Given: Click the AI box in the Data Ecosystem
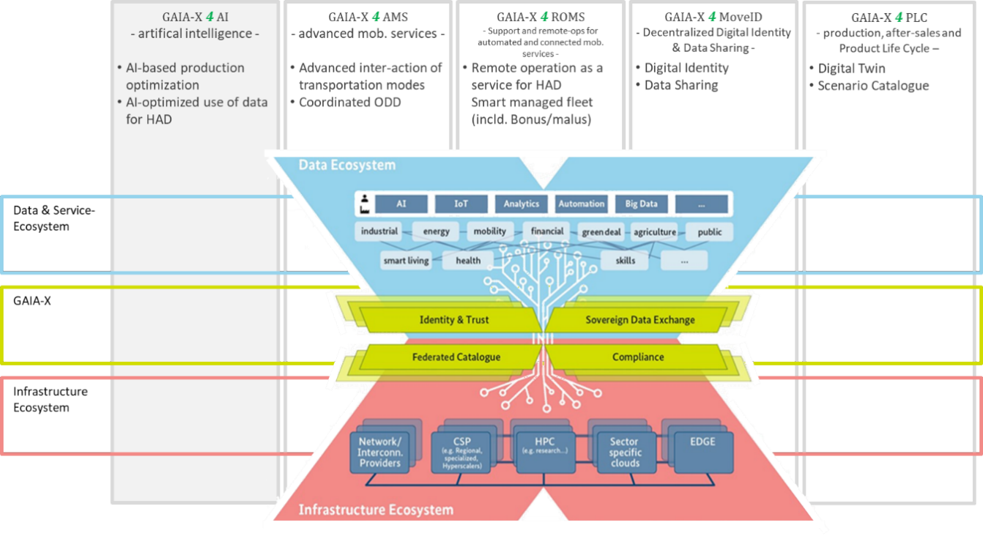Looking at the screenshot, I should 401,204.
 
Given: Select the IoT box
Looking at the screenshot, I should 461,204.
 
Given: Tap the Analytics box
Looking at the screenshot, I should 521,204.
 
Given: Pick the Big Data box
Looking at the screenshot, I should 642,204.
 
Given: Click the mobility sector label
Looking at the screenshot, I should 490,231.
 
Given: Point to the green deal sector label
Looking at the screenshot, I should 601,232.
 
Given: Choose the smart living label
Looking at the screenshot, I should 406,260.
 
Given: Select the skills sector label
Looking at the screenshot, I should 626,260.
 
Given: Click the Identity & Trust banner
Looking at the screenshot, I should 454,320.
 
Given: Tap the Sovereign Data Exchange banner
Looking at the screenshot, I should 640,320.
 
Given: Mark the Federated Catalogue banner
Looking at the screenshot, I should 456,357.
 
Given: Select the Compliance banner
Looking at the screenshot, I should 638,357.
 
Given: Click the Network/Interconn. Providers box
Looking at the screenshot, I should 380,452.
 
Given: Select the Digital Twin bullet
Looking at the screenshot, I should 851,68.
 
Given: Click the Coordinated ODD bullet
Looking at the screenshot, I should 349,103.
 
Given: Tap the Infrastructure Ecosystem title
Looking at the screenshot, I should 376,510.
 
